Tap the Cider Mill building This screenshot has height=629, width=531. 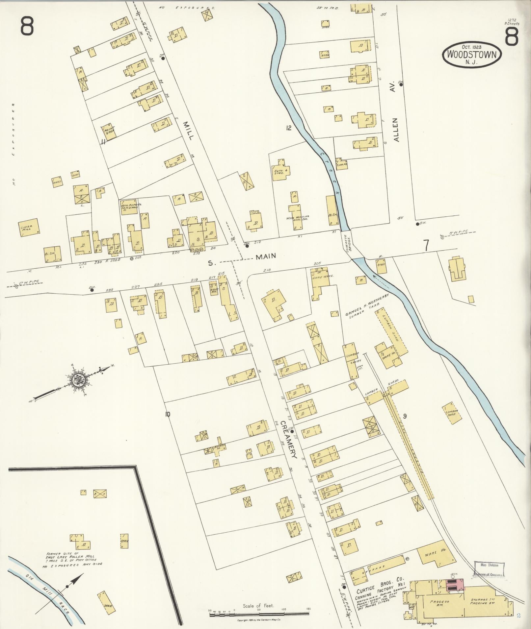coord(29,227)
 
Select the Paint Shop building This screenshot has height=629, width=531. coord(109,131)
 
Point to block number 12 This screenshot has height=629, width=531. coord(289,128)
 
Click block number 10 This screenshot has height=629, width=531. coord(168,414)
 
